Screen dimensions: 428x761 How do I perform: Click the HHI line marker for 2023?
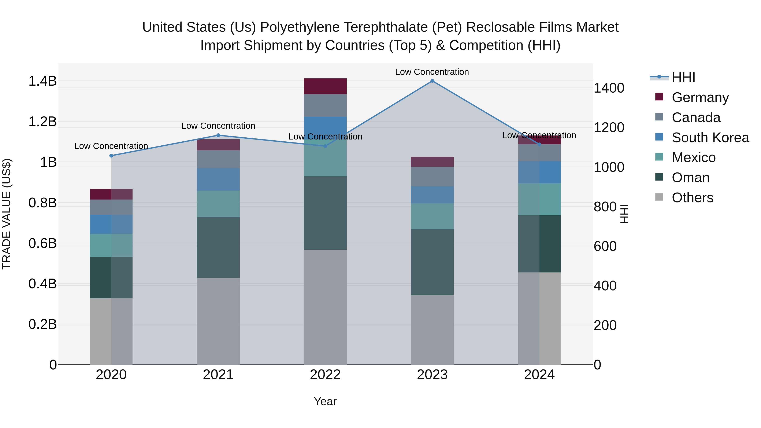click(432, 81)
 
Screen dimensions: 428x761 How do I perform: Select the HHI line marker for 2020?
click(111, 156)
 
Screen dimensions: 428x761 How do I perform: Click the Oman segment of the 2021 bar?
click(218, 248)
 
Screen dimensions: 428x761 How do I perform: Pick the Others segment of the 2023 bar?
click(432, 330)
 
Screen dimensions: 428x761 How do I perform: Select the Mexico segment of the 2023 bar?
click(432, 216)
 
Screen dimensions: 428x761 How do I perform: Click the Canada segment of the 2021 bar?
click(218, 160)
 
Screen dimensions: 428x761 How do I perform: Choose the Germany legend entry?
click(700, 97)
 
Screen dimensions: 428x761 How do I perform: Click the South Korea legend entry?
click(710, 138)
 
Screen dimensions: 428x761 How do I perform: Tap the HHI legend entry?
click(683, 77)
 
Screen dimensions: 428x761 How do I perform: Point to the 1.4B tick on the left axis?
click(42, 81)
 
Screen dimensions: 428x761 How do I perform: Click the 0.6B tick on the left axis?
click(42, 244)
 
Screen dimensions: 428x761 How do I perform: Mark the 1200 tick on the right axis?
click(609, 128)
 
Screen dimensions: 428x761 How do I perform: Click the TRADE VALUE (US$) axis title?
click(7, 214)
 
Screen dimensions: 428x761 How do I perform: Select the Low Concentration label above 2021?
click(218, 126)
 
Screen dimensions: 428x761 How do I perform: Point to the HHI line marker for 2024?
click(539, 144)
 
